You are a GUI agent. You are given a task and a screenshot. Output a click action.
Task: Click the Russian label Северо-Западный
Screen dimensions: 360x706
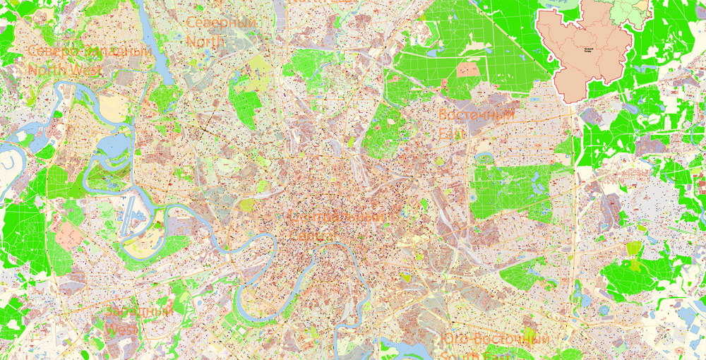click(90, 53)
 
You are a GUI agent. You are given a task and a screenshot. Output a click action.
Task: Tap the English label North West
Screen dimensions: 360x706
click(64, 70)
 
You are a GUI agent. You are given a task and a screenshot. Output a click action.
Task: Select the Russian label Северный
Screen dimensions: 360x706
click(220, 23)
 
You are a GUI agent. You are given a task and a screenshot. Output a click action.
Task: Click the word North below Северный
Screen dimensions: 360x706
click(205, 42)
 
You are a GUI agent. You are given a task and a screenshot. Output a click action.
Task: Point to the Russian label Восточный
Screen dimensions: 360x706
click(476, 114)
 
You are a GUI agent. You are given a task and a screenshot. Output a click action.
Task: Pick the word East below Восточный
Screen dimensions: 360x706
click(453, 133)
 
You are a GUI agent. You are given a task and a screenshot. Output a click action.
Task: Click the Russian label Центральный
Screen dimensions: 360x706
click(337, 217)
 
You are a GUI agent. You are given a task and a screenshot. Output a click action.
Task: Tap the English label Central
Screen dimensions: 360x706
click(312, 234)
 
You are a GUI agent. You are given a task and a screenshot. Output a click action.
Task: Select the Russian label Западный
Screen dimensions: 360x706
click(139, 311)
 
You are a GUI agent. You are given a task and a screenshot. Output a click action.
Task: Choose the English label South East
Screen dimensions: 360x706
click(473, 355)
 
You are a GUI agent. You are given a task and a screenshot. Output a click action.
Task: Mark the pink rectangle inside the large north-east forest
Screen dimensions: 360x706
click(467, 69)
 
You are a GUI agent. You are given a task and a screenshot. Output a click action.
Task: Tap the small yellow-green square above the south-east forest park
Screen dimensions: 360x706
click(634, 248)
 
